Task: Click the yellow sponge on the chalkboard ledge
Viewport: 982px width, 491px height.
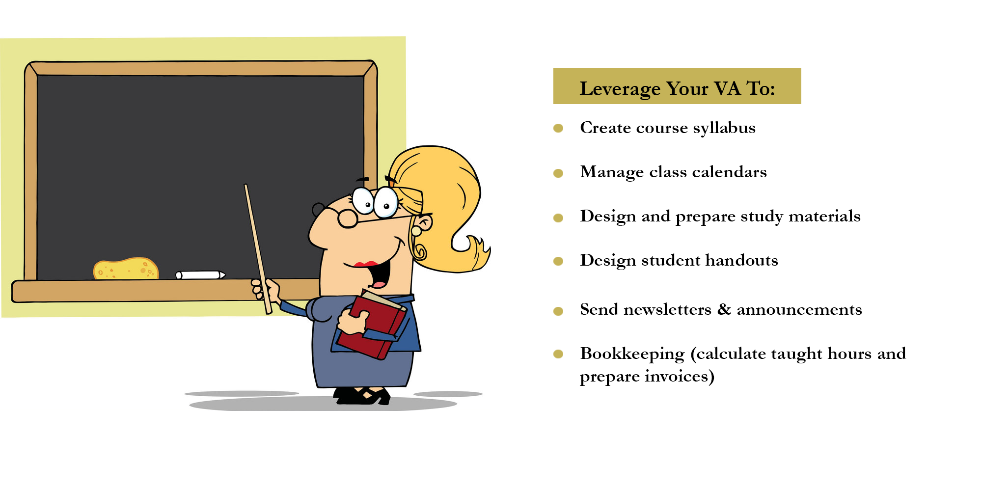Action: click(126, 269)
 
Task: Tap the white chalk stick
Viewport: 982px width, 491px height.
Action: click(200, 275)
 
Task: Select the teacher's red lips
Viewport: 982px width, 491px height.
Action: click(366, 265)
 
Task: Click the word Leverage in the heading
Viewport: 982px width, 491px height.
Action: click(620, 89)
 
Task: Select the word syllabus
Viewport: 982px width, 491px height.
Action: click(724, 128)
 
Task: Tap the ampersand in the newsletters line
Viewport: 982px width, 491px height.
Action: click(724, 309)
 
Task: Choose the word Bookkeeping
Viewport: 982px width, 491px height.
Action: click(632, 355)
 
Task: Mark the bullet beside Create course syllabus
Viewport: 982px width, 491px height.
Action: click(558, 128)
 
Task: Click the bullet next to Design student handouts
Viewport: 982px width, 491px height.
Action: click(558, 261)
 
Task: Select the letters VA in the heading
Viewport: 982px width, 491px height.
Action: click(727, 89)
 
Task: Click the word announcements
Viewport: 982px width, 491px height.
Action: click(799, 310)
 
